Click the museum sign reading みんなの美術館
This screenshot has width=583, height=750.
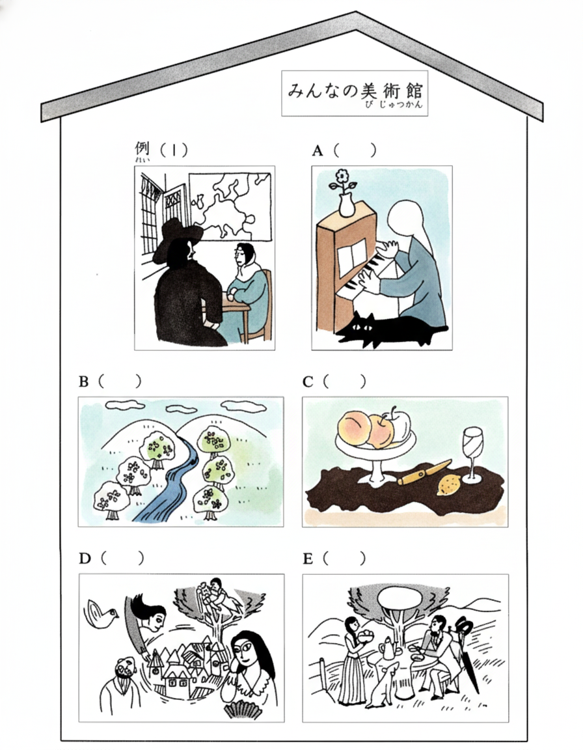pyautogui.click(x=355, y=93)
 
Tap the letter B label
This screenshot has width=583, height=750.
pyautogui.click(x=84, y=382)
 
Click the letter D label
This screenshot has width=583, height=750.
pyautogui.click(x=85, y=558)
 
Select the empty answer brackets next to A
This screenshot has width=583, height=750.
pyautogui.click(x=354, y=150)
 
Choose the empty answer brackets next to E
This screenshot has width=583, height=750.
pyautogui.click(x=344, y=558)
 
